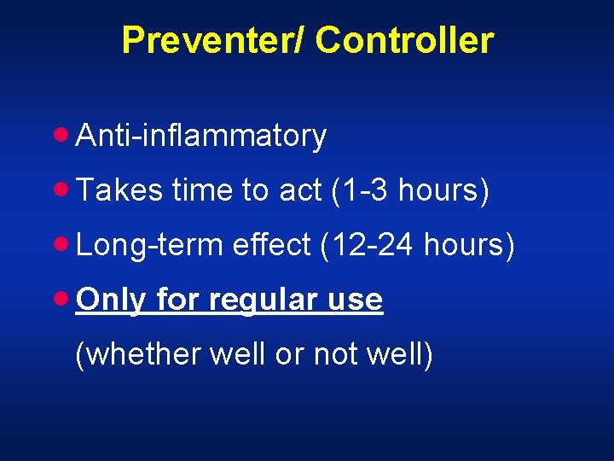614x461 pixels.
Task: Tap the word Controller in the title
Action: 406,40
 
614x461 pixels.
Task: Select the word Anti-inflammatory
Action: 200,136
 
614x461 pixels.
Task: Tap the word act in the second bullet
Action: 298,190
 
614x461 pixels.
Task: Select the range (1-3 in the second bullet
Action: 360,190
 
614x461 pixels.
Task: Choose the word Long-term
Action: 150,245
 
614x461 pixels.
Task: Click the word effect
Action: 272,245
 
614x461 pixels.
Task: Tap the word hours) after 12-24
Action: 470,245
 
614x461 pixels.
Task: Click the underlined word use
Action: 356,300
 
